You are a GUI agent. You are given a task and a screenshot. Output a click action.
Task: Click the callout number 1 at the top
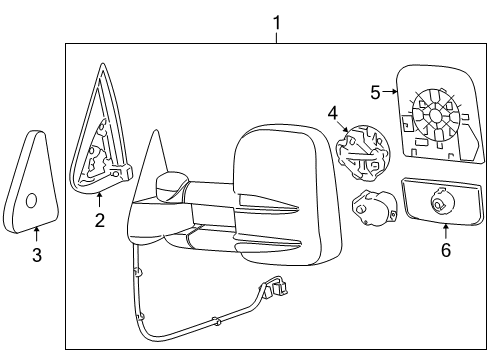tap(277, 21)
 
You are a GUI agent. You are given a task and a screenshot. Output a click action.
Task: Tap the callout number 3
tap(36, 256)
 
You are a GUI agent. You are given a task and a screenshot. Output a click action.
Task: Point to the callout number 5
tap(375, 92)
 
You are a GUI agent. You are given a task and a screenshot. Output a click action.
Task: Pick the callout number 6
tap(446, 249)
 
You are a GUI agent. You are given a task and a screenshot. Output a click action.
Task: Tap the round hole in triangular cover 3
tap(32, 200)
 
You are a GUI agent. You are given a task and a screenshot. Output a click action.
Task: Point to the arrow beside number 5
tap(391, 92)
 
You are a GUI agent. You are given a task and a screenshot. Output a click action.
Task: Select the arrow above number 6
tap(446, 230)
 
